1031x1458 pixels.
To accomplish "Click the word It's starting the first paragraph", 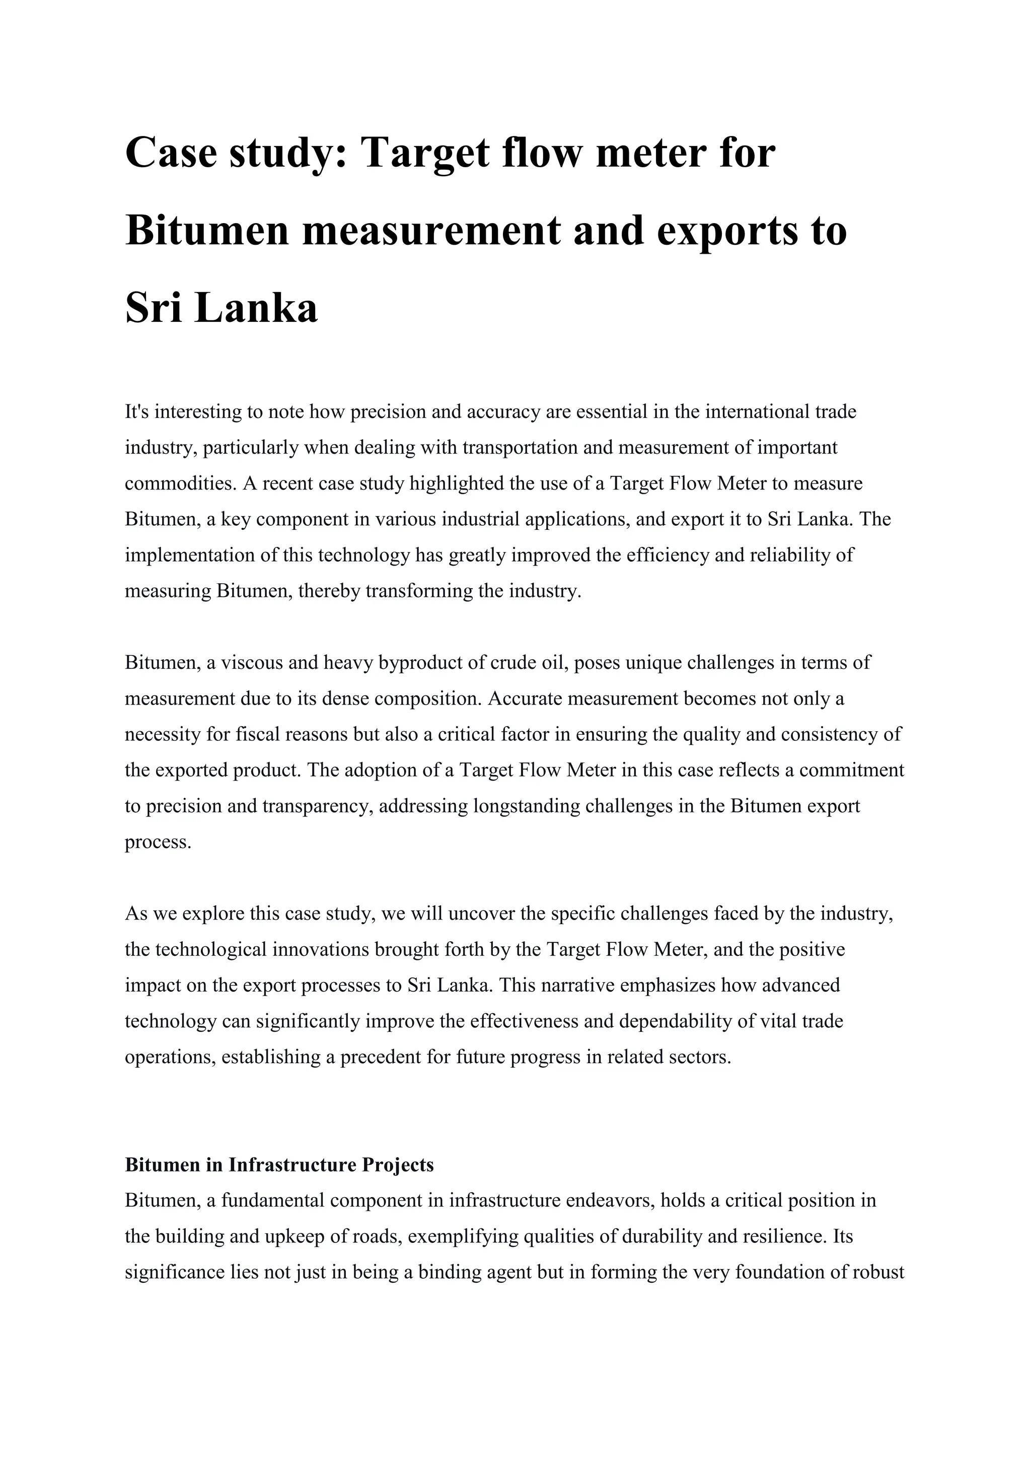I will pyautogui.click(x=136, y=411).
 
